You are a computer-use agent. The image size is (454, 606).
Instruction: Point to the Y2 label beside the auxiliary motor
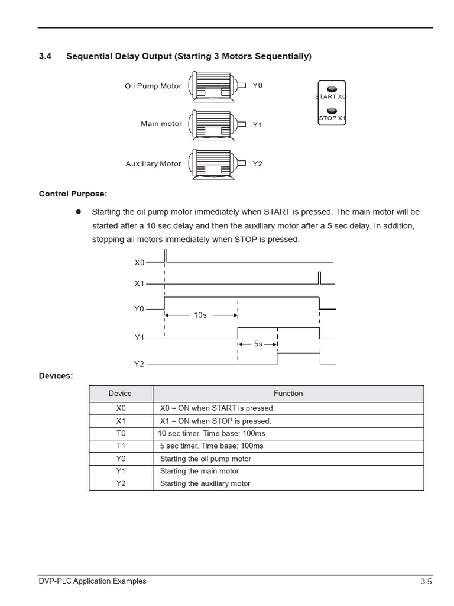coord(257,164)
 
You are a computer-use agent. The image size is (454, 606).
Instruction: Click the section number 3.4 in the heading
coord(46,56)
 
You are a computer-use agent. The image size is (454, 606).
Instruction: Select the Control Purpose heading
coord(73,194)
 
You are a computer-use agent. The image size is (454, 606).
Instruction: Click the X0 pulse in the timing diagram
coord(166,256)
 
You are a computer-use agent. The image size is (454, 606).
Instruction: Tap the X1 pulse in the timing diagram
coord(319,278)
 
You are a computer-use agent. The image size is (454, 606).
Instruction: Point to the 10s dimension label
coord(200,315)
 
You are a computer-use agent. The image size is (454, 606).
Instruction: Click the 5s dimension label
coord(258,344)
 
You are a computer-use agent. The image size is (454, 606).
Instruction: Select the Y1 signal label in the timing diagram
coord(140,337)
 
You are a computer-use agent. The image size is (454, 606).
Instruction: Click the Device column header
coord(121,394)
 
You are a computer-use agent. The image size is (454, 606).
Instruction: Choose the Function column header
coord(288,394)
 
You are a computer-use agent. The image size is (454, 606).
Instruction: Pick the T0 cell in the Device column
coord(121,433)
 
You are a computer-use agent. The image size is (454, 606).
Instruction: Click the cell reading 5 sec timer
coord(212,446)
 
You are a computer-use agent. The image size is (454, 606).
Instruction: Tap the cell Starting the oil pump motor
coord(206,459)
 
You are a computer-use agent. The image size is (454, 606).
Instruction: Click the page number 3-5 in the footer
coord(426,582)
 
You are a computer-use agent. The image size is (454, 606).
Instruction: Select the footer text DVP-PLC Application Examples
coord(92,581)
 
